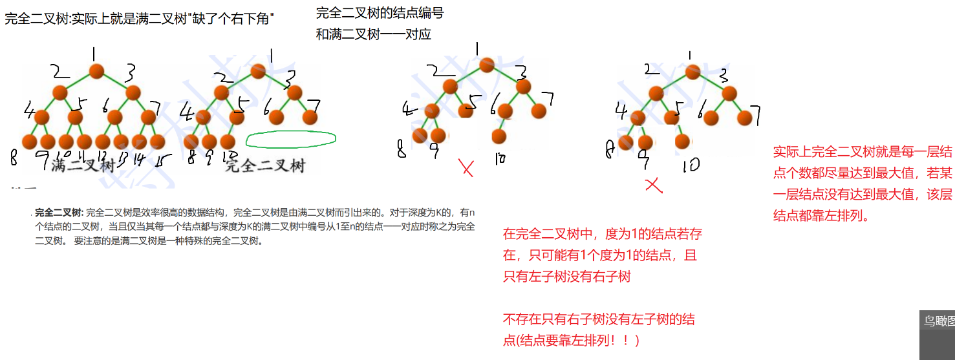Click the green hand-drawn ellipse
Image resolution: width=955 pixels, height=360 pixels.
[x=292, y=139]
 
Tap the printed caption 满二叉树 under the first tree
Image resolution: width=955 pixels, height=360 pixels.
[x=83, y=165]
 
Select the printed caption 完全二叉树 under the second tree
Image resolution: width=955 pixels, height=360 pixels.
[x=264, y=165]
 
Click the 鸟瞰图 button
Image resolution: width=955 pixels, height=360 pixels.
[x=938, y=321]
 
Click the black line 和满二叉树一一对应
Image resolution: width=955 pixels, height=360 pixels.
[x=373, y=34]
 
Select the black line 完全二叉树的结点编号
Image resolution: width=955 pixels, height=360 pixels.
[x=380, y=13]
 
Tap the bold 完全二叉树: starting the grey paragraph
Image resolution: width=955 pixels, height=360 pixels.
[x=59, y=212]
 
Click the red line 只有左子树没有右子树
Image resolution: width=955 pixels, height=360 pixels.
[x=567, y=277]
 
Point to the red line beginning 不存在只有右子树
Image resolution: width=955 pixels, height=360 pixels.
[x=599, y=319]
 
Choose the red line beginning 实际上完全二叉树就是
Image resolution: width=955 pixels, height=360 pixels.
[x=863, y=152]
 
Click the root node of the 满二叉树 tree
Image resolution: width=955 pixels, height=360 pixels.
[x=96, y=70]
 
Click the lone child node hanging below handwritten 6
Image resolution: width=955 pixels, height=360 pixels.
[x=499, y=136]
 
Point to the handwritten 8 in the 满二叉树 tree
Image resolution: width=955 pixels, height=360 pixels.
[x=14, y=157]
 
